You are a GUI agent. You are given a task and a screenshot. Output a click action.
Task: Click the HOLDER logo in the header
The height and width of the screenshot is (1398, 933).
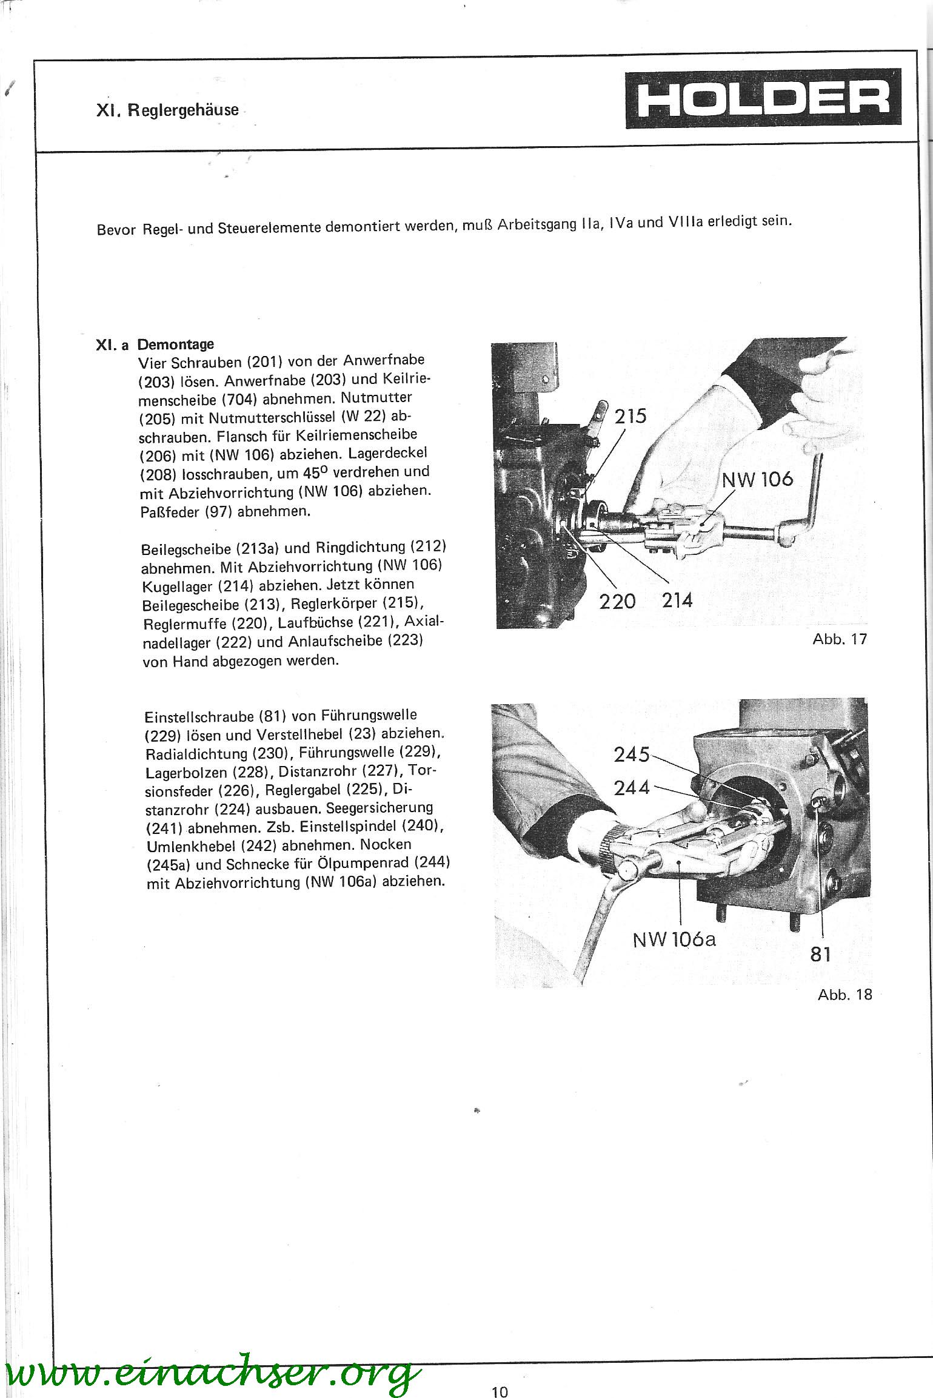click(763, 98)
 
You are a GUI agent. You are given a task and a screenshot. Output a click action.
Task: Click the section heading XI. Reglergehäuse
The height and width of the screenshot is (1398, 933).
click(167, 112)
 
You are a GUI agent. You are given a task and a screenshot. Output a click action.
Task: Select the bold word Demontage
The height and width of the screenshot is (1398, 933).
click(175, 344)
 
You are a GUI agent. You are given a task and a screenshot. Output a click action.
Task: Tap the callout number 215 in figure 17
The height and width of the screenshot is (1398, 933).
click(630, 416)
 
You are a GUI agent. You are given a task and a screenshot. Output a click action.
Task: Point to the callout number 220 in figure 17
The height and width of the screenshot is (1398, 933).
click(617, 601)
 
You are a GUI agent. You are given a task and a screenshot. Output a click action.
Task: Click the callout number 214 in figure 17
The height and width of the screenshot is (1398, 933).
click(677, 600)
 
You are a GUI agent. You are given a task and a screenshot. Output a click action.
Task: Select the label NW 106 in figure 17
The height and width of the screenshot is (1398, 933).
click(757, 480)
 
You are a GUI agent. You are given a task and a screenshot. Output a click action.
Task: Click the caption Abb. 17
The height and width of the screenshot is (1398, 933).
click(840, 639)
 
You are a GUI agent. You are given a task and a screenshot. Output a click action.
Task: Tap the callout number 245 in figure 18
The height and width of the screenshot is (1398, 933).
click(632, 754)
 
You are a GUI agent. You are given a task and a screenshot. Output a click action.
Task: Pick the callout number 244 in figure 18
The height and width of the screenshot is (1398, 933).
click(632, 788)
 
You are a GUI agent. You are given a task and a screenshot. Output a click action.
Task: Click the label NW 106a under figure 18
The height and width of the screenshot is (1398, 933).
click(674, 939)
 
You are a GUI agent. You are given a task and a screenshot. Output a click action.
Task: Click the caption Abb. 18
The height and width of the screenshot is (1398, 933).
click(844, 995)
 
